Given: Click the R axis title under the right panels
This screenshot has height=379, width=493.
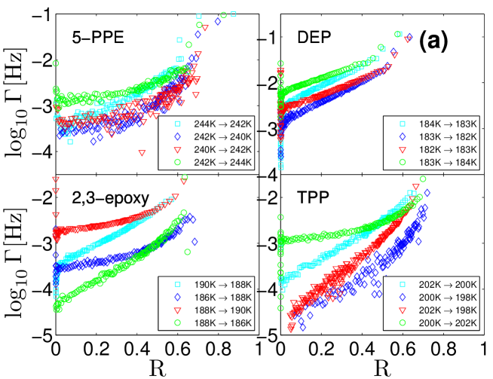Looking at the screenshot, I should coord(384,367).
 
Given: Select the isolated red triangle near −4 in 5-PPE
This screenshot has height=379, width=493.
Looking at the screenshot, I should coord(142,152).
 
